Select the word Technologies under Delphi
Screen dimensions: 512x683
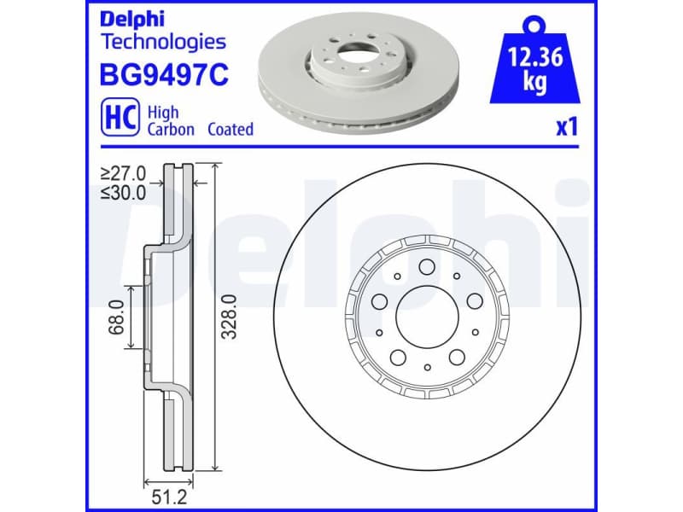click(x=163, y=41)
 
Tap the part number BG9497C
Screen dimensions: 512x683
click(x=166, y=76)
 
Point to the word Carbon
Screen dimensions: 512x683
click(x=171, y=130)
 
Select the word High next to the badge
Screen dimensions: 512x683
click(x=163, y=112)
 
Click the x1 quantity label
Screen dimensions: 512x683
click(x=567, y=128)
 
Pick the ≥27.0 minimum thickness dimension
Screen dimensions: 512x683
click(x=123, y=173)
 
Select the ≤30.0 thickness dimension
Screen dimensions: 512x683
click(x=123, y=192)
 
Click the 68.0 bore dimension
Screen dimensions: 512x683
click(x=117, y=317)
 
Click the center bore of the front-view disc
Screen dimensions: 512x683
click(x=426, y=315)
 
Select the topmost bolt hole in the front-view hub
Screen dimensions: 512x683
click(x=426, y=266)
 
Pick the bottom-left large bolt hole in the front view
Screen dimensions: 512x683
click(x=398, y=357)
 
